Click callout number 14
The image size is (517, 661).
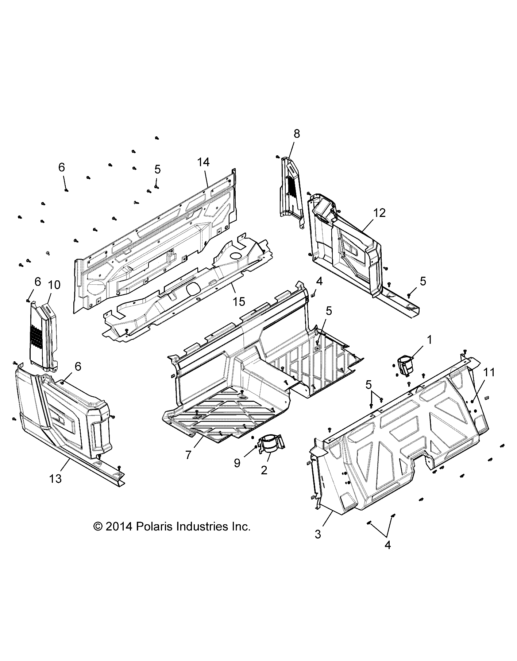pos(204,163)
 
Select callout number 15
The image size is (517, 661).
pos(239,302)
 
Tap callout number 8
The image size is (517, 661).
pos(297,134)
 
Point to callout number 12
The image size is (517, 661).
pos(379,213)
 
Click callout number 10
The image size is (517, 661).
pos(54,285)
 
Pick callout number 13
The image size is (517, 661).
pos(55,479)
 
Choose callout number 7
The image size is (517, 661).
pos(189,455)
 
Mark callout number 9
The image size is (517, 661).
pos(237,463)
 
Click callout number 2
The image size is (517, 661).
pos(264,470)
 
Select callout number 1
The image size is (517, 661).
pos(429,340)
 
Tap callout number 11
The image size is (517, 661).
pos(489,372)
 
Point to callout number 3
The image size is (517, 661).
pos(318,534)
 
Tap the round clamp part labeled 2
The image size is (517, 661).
pos(271,443)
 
